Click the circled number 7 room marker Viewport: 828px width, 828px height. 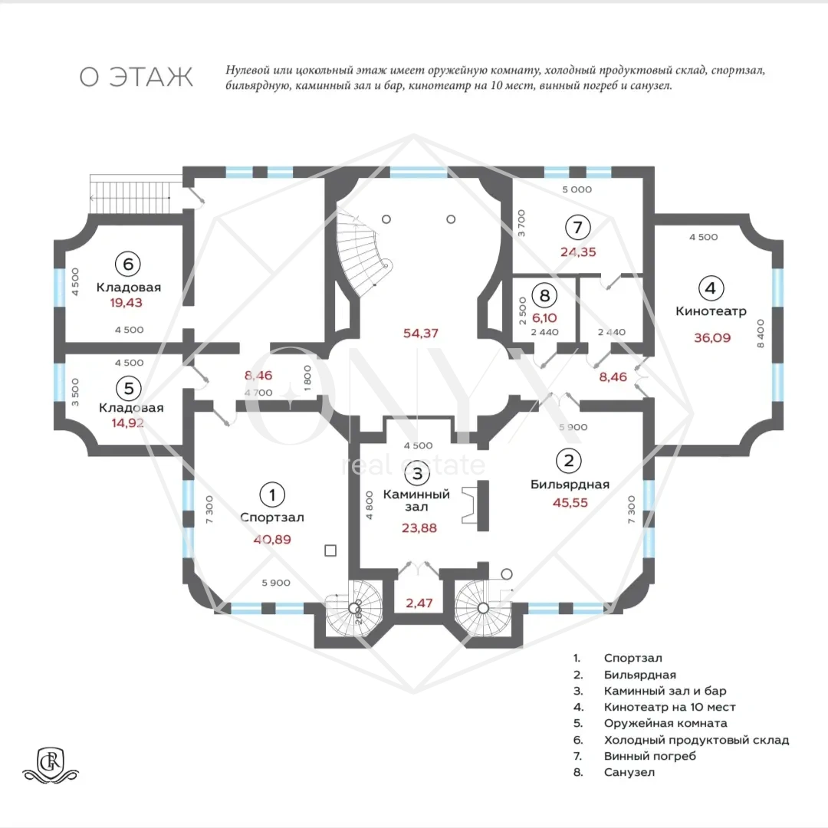point(578,227)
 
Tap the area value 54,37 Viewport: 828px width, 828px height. point(420,333)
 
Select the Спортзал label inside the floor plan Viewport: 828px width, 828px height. point(272,517)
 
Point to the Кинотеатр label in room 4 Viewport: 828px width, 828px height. point(711,311)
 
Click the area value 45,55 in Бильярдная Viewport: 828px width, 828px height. point(570,503)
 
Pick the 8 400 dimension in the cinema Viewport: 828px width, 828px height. point(761,333)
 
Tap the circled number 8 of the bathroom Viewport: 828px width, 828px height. point(544,295)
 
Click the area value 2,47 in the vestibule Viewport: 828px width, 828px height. point(419,603)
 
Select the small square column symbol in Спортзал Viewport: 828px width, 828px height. point(330,550)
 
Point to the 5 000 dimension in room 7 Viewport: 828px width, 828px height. point(577,189)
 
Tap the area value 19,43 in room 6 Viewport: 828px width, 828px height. point(127,303)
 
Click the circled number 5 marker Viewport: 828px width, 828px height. point(129,389)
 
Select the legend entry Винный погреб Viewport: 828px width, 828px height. point(650,756)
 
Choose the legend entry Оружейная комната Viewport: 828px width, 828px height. point(665,724)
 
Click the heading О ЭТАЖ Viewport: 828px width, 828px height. point(136,77)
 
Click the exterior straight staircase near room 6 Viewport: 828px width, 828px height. point(136,194)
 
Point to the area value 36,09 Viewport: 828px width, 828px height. point(712,337)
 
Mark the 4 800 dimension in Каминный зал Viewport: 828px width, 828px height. point(369,505)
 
